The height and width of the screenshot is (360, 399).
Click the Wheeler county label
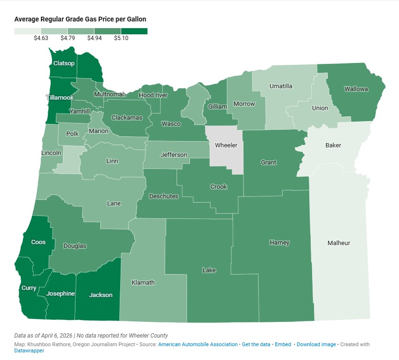point(226,145)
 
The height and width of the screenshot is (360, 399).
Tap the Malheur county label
point(338,243)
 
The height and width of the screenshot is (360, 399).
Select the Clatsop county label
point(64,63)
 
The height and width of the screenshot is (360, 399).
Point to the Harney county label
point(279,243)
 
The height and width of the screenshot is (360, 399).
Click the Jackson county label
point(101,295)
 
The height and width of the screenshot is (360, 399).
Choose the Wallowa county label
point(355,89)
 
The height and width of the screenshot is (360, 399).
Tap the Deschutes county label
point(164,196)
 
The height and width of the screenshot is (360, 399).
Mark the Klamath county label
point(143,282)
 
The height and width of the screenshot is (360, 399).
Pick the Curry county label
point(29,288)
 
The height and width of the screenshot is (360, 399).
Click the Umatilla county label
point(281,86)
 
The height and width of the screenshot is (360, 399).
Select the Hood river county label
point(153,95)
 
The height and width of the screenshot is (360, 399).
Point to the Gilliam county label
point(218,107)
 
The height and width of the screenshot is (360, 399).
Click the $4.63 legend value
point(41,38)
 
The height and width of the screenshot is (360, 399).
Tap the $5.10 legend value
point(121,38)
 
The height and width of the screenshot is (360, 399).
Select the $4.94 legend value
point(94,38)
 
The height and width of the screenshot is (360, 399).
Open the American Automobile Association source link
point(198,344)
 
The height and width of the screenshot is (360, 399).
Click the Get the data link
point(256,344)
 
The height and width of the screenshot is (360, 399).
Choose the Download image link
point(316,344)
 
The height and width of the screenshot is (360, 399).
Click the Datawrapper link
point(29,350)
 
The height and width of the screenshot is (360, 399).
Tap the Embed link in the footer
point(283,344)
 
